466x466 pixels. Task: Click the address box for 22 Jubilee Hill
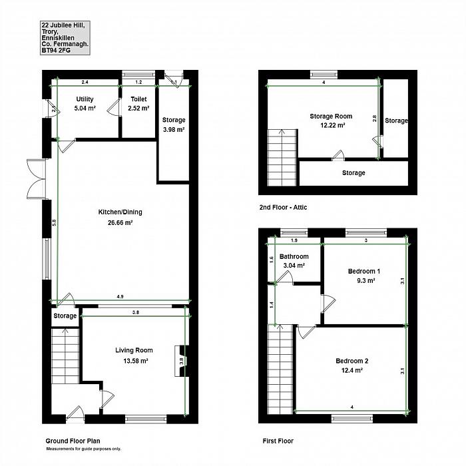click(65, 38)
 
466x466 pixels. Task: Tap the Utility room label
click(85, 99)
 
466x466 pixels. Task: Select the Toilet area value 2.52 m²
click(138, 108)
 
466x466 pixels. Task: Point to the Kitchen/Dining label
click(120, 212)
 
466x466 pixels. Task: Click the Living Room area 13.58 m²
click(136, 361)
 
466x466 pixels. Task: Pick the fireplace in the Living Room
click(181, 361)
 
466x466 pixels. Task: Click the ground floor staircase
click(65, 355)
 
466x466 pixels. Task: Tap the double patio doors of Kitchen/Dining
click(37, 179)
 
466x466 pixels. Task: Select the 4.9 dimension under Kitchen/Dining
click(120, 296)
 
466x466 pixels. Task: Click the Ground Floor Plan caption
click(73, 441)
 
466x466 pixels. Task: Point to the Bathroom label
click(294, 256)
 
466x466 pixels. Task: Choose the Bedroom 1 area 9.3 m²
click(366, 280)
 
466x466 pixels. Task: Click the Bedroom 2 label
click(352, 361)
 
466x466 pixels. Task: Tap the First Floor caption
click(278, 441)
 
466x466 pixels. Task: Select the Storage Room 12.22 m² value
click(333, 125)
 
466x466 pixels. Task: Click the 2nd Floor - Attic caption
click(283, 208)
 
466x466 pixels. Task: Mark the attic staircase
click(282, 158)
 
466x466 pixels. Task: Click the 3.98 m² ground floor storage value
click(174, 130)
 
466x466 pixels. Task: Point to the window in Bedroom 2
click(352, 419)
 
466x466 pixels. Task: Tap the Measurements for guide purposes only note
click(83, 449)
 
